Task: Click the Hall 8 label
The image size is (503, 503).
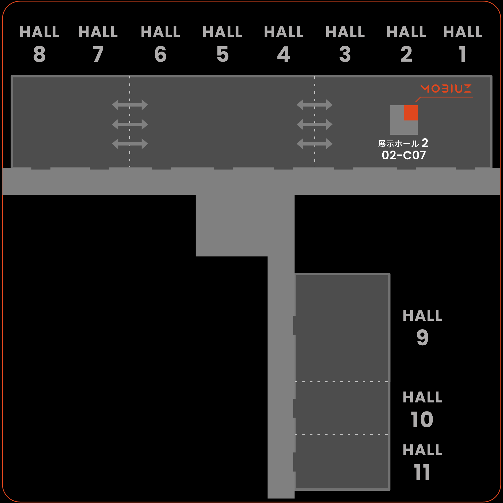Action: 39,44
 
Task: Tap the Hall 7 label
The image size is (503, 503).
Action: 98,44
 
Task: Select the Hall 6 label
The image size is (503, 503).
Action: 160,44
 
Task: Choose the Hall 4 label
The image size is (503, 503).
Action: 284,44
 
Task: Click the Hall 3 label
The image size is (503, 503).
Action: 345,44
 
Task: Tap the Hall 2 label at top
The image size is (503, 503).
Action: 406,44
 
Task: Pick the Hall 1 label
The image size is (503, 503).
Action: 463,44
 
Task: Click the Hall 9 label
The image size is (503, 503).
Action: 422,327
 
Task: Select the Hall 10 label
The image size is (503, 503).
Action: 422,409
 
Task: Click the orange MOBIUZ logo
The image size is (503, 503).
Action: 446,88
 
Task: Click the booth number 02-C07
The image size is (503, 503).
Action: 404,155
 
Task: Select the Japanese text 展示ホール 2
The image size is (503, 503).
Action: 403,143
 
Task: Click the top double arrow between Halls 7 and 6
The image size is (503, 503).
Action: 130,105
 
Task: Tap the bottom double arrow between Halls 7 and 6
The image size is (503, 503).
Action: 130,144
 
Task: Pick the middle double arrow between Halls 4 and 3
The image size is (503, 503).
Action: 314,124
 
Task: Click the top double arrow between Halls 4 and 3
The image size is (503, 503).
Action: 314,105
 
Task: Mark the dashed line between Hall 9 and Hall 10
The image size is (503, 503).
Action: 341,382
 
